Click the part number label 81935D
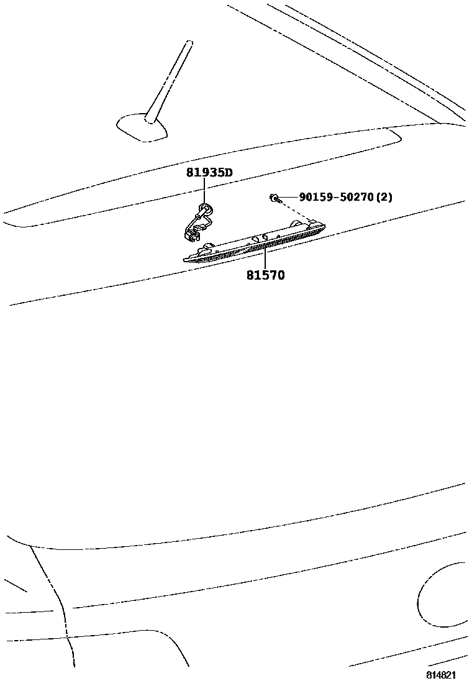tap(209, 172)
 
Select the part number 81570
tap(265, 275)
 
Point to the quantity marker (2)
tap(384, 197)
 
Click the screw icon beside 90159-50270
tap(274, 198)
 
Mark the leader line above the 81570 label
tap(265, 257)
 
